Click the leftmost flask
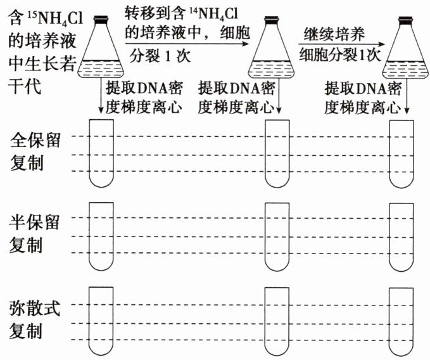pos(101,54)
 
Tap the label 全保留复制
pos(35,152)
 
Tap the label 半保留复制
pos(35,234)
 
